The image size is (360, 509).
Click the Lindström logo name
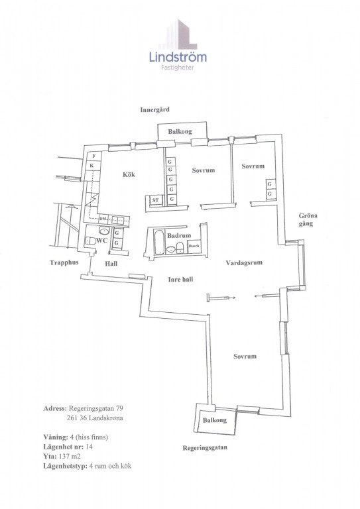[x=178, y=57]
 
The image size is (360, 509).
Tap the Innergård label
[x=155, y=110]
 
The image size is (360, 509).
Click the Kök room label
[x=129, y=175]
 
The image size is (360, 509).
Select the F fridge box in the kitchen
[x=94, y=156]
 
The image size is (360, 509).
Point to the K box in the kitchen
[x=92, y=166]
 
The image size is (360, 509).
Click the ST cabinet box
[x=156, y=200]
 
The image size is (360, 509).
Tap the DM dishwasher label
[x=103, y=219]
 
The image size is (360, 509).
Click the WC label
[x=102, y=241]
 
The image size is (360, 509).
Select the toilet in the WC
[x=90, y=241]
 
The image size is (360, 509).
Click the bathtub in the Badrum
[x=158, y=242]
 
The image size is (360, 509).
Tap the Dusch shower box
[x=194, y=246]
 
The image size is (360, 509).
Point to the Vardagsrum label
[x=244, y=262]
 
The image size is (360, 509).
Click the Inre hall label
[x=180, y=279]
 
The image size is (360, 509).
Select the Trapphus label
[x=64, y=262]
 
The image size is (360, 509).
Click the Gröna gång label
[x=308, y=219]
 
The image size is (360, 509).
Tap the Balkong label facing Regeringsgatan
[x=215, y=420]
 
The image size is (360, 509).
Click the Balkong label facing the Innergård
[x=180, y=131]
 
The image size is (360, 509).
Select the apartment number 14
[x=89, y=447]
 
